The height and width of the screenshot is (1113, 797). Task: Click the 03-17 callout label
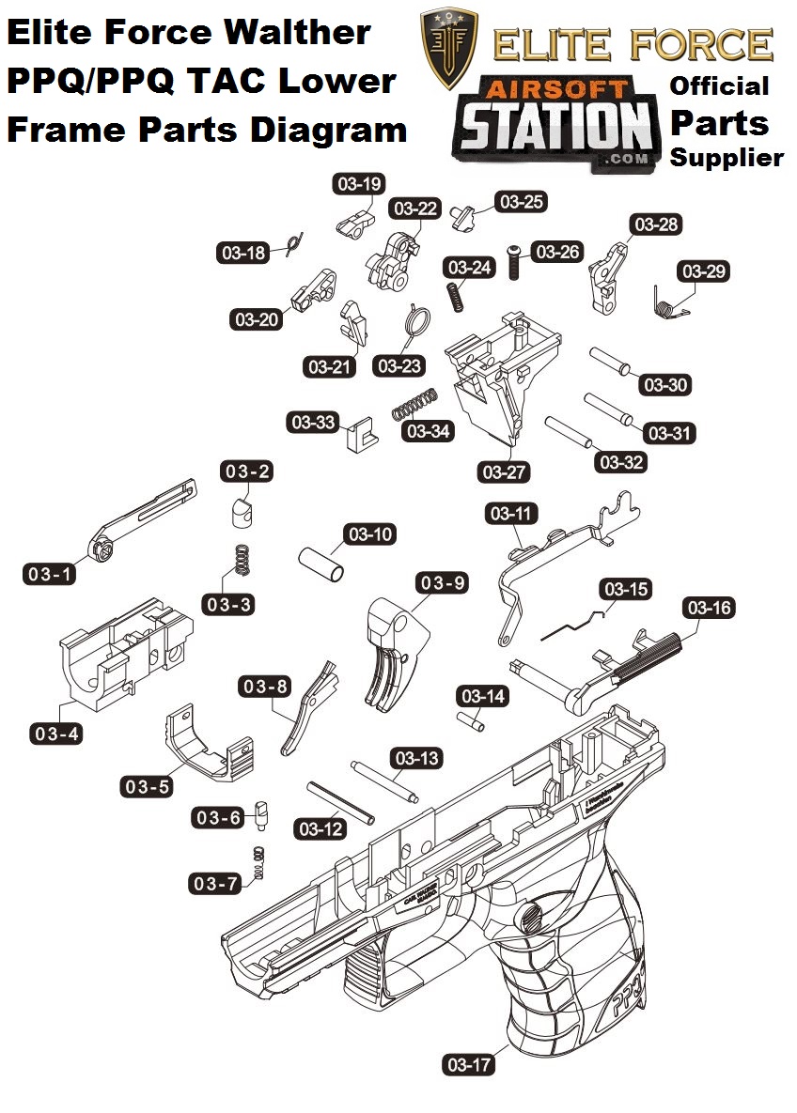[x=468, y=1064]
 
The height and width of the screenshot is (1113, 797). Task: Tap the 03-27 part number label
[x=504, y=471]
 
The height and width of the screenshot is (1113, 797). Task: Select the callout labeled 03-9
[x=443, y=583]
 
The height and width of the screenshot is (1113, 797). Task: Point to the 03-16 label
[x=709, y=608]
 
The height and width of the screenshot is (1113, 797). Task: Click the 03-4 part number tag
[x=57, y=733]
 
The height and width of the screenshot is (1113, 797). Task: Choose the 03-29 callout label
[x=705, y=271]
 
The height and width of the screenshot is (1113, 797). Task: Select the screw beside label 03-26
[x=514, y=259]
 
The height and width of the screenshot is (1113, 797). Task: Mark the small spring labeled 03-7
[x=259, y=861]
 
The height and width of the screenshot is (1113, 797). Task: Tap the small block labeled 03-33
[x=358, y=433]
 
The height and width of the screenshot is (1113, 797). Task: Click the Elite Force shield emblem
[x=449, y=48]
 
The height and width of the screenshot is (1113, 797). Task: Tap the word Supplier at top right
[x=726, y=157]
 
